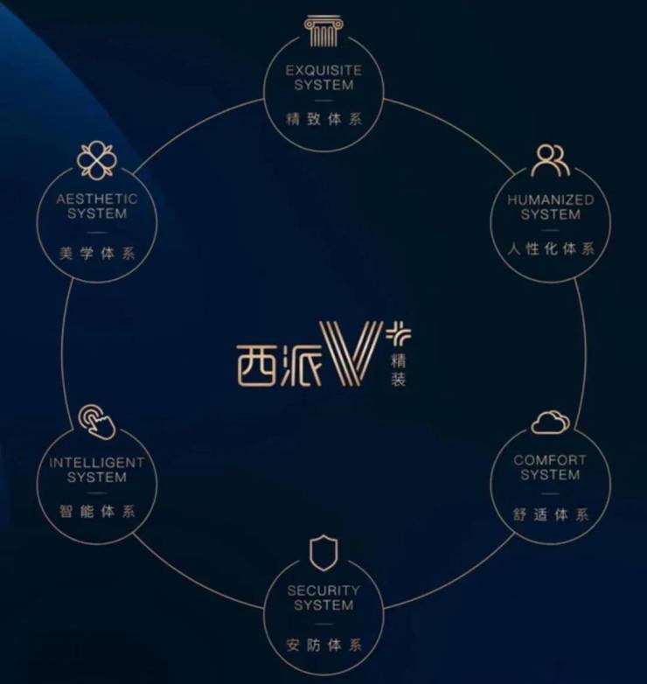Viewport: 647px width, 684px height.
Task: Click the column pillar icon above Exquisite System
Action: (x=323, y=31)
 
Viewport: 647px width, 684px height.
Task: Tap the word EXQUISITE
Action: (x=323, y=69)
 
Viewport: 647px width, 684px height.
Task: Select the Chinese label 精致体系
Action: (x=323, y=118)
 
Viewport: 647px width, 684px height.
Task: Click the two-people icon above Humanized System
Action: (x=551, y=160)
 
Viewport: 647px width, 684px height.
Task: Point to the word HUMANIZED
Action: (x=551, y=199)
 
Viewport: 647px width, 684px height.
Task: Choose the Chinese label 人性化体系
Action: (x=551, y=248)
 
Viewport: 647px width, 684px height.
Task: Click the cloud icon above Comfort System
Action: (x=551, y=422)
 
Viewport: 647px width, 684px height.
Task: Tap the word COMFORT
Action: (x=551, y=460)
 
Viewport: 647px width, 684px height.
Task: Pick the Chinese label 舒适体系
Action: (x=551, y=513)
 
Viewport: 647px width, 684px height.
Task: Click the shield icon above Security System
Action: (x=323, y=554)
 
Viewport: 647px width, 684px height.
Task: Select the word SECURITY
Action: (x=323, y=590)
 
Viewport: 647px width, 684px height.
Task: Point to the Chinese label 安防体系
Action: (x=323, y=646)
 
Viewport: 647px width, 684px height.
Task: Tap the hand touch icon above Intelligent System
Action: (x=97, y=422)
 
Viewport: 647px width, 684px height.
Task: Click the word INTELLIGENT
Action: (x=97, y=462)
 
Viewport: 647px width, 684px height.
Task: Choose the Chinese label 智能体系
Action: (x=97, y=511)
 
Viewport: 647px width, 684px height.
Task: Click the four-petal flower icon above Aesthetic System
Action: (x=96, y=161)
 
